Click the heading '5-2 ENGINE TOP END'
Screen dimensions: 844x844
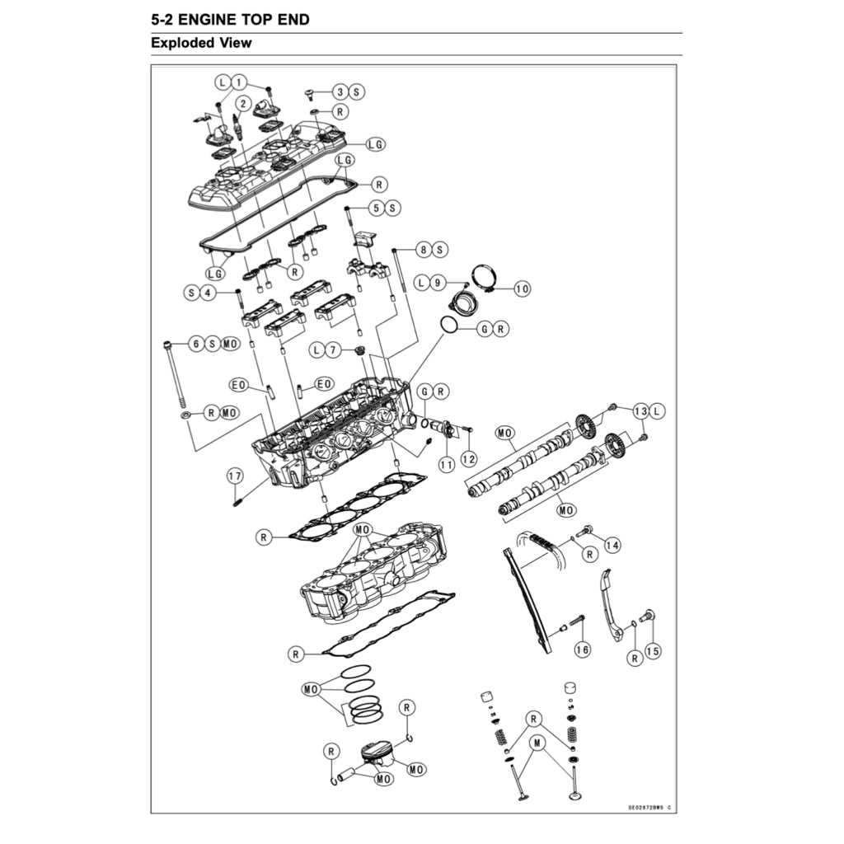click(x=230, y=19)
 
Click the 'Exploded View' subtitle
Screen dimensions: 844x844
click(x=201, y=43)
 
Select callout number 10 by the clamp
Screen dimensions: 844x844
click(x=523, y=288)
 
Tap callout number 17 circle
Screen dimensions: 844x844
click(x=235, y=476)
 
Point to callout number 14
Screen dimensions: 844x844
click(x=612, y=544)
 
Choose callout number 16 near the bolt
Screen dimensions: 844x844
click(x=583, y=649)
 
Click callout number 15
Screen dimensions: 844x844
click(x=653, y=651)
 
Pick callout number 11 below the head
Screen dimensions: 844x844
click(x=446, y=464)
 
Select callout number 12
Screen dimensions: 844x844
click(x=468, y=457)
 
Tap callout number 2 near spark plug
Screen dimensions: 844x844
click(x=242, y=104)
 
